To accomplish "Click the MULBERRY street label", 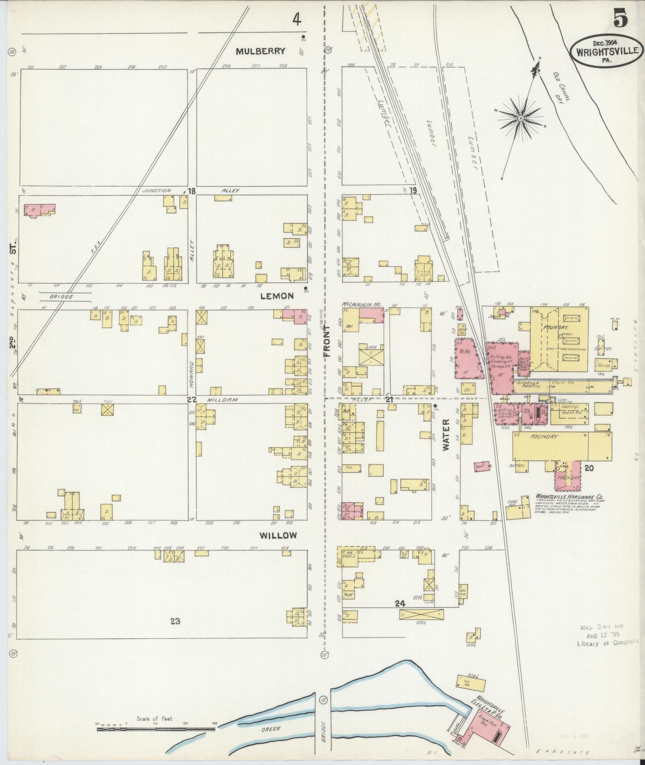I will tap(261, 51).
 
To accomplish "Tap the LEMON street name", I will tap(277, 296).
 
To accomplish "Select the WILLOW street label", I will tap(278, 535).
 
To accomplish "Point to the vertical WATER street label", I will tap(446, 435).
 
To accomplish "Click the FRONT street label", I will tap(327, 341).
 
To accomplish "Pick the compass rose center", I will tap(521, 119).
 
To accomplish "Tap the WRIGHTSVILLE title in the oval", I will tap(607, 52).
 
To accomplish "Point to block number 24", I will tap(400, 604).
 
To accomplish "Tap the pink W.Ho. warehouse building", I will tap(466, 358).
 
